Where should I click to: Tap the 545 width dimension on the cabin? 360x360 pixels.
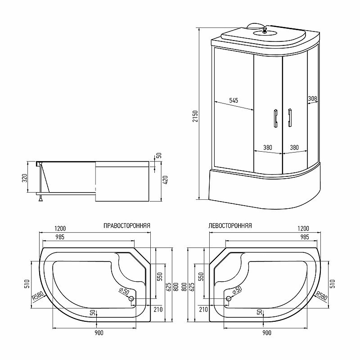pos(234,100)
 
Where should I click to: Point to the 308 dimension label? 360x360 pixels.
pos(312,99)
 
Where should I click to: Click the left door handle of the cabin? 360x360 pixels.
pos(275,117)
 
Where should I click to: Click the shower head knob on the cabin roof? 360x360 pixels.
pos(265,30)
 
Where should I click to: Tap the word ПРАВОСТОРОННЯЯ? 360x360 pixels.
pos(127,226)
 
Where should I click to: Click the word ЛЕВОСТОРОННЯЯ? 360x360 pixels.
pos(230,226)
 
